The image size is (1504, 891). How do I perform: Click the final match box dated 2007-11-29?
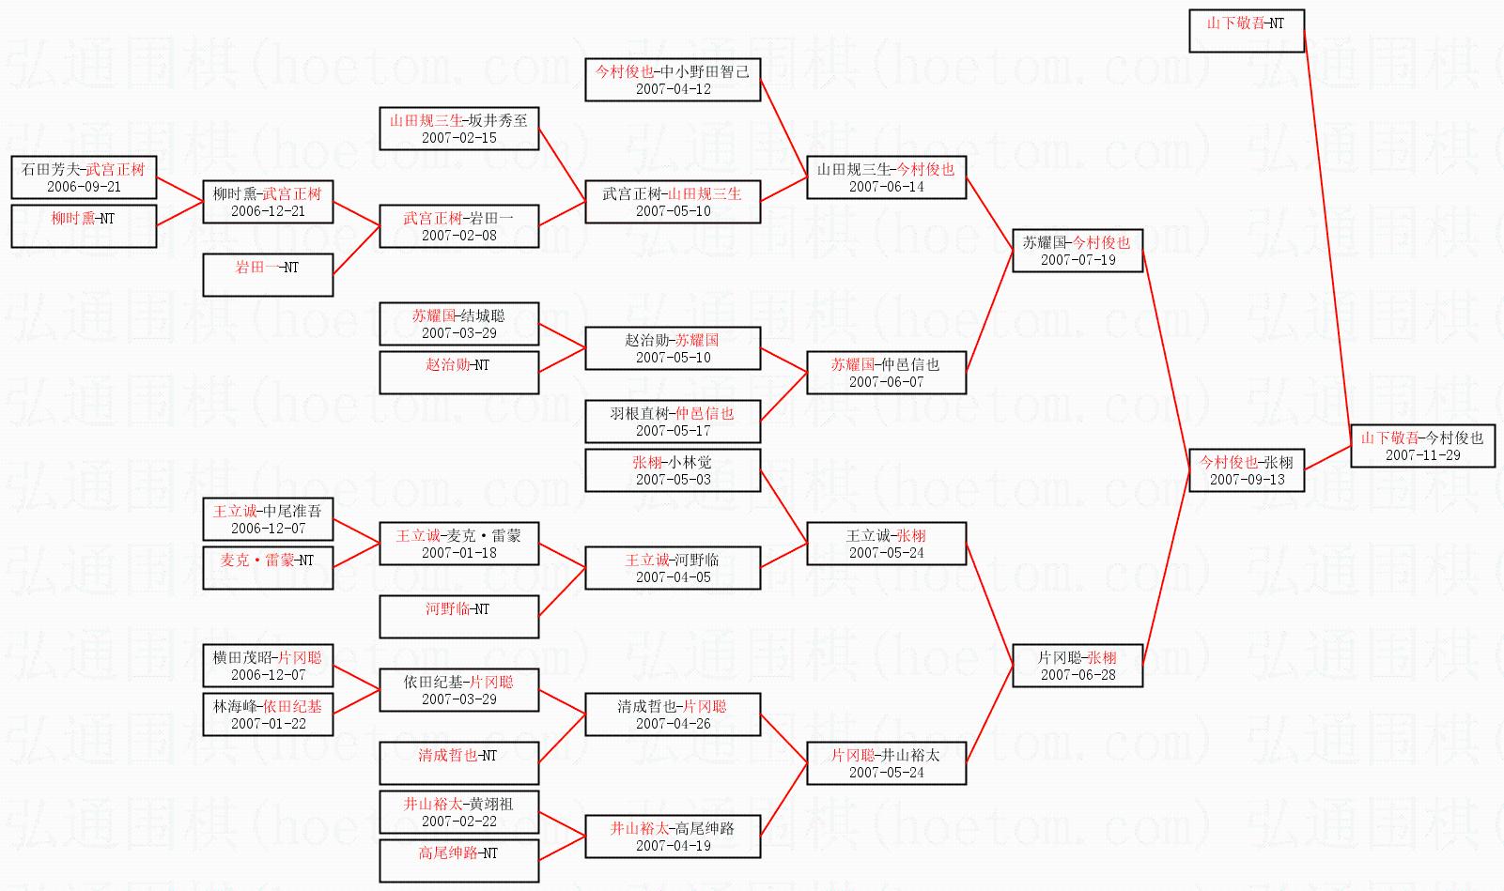click(1423, 445)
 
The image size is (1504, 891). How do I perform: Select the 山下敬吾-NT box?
click(1247, 31)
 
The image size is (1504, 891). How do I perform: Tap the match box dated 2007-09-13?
click(1247, 470)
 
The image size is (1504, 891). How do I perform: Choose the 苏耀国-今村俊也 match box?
click(1077, 251)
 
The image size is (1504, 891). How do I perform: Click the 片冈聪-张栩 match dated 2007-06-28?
click(1077, 666)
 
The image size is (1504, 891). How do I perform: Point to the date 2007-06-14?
click(886, 187)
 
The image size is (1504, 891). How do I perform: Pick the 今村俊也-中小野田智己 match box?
click(673, 80)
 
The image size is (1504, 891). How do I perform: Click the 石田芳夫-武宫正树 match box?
click(84, 177)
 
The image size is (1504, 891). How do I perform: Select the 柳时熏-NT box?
click(84, 226)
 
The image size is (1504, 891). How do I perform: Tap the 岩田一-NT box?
click(268, 275)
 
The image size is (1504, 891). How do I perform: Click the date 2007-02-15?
click(459, 137)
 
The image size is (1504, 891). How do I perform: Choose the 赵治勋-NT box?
click(459, 373)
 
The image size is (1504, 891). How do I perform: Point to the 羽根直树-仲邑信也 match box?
click(673, 422)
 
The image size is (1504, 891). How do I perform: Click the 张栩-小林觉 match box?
click(673, 470)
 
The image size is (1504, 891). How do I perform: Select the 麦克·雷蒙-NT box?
click(268, 568)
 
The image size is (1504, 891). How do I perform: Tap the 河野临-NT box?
click(459, 617)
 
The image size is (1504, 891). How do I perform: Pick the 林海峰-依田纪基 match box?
click(268, 714)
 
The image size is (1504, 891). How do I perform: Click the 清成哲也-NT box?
click(459, 763)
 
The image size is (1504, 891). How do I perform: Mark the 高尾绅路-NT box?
click(459, 861)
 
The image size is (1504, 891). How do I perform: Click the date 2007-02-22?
click(459, 822)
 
